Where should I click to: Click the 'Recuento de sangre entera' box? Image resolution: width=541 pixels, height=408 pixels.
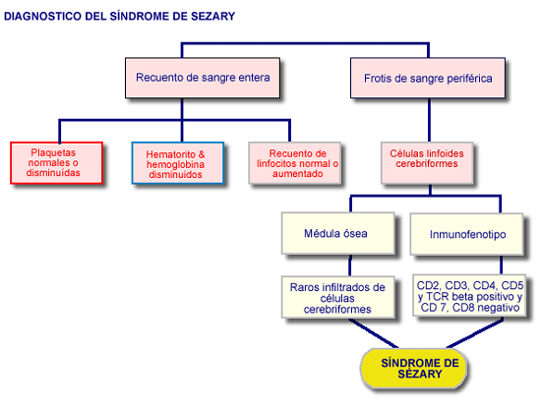click(203, 78)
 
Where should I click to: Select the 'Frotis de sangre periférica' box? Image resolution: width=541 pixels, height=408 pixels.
click(428, 79)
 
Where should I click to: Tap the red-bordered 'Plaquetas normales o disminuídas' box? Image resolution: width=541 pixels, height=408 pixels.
click(57, 163)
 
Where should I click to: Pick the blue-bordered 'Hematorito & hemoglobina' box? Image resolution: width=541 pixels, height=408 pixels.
click(178, 163)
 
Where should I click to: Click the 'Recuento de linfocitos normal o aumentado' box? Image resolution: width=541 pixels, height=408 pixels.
click(295, 163)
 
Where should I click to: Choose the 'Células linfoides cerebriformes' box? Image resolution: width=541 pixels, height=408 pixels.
click(427, 163)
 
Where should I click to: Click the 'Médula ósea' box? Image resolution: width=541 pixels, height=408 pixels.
click(338, 233)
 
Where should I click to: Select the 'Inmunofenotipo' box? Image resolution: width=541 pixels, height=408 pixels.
click(467, 234)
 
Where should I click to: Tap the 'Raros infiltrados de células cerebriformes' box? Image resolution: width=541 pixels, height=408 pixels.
click(338, 297)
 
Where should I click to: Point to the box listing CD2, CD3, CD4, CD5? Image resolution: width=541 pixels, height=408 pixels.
click(469, 296)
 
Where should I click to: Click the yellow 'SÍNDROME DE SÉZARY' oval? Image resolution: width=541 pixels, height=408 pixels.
click(414, 368)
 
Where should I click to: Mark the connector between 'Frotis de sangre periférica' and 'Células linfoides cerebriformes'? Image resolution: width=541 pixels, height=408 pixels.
click(429, 120)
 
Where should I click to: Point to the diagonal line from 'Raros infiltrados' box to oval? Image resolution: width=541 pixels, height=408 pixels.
click(374, 333)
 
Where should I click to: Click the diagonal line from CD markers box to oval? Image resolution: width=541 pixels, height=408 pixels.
click(475, 333)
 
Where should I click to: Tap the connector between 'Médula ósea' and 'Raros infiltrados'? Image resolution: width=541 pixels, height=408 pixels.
click(350, 265)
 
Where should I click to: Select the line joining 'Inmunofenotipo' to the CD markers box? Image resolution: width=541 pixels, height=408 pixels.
click(501, 264)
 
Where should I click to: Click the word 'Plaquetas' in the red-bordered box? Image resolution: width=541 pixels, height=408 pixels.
click(53, 152)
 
